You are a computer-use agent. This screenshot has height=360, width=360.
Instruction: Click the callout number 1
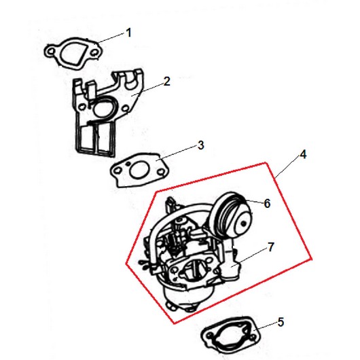pyautogui.click(x=129, y=33)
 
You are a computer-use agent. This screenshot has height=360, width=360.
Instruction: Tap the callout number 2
pyautogui.click(x=167, y=82)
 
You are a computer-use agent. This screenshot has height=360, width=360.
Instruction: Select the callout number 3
pyautogui.click(x=200, y=145)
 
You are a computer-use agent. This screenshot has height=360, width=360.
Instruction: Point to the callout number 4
pyautogui.click(x=303, y=154)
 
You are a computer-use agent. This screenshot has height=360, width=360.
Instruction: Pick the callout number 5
pyautogui.click(x=281, y=322)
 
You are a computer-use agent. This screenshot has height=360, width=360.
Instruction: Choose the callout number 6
pyautogui.click(x=267, y=203)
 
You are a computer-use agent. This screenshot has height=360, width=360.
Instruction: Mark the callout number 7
pyautogui.click(x=271, y=247)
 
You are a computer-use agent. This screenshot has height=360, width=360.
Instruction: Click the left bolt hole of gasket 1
pyautogui.click(x=52, y=51)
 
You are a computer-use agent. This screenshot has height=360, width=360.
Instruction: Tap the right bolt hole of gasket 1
pyautogui.click(x=94, y=53)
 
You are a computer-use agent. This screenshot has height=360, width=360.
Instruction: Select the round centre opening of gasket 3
pyautogui.click(x=139, y=170)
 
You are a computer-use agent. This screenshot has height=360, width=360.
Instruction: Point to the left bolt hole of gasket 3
pyautogui.click(x=118, y=170)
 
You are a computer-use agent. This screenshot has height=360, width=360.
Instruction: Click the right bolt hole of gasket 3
pyautogui.click(x=162, y=172)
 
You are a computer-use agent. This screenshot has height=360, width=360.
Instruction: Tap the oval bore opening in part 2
pyautogui.click(x=102, y=108)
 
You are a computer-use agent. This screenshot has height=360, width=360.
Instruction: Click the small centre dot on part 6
pyautogui.click(x=243, y=223)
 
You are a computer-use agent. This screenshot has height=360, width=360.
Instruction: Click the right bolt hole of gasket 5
pyautogui.click(x=253, y=338)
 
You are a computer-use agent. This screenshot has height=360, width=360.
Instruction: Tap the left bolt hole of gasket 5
pyautogui.click(x=209, y=336)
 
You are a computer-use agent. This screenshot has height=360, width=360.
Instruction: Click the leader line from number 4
pyautogui.click(x=287, y=166)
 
